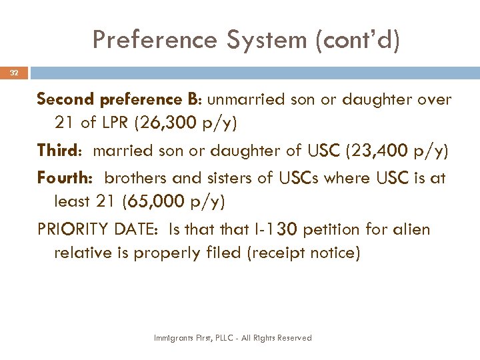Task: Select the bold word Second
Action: tap(66, 100)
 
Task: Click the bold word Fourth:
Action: tap(65, 177)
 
